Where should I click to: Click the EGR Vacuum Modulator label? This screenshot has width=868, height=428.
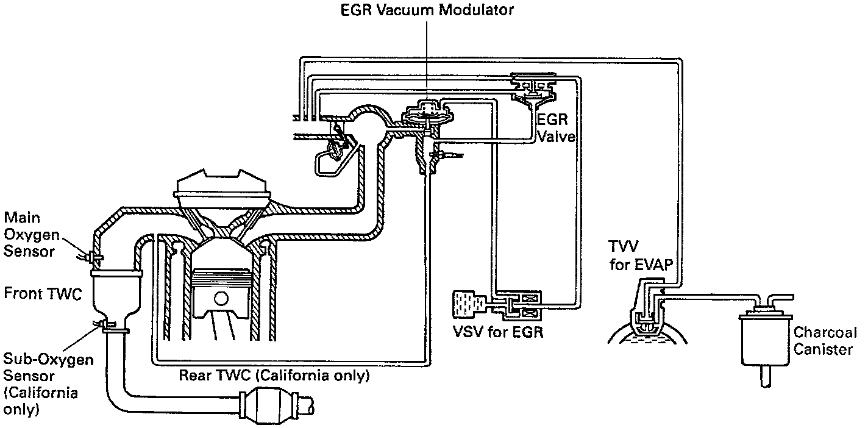coord(427,10)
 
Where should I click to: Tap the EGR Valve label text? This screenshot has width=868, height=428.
coord(555,128)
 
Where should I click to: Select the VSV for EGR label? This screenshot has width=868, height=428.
coord(498,332)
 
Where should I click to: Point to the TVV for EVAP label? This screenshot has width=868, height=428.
coord(641,255)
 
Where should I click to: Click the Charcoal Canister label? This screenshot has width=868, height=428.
coord(825,341)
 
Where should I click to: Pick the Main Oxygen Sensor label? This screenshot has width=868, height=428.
coord(32,235)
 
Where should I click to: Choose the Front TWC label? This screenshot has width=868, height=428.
coord(43,293)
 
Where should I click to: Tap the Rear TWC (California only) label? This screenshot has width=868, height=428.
coord(274,376)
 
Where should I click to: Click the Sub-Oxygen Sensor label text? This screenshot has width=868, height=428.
coord(48,368)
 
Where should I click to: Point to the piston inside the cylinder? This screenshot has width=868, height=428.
coord(221,294)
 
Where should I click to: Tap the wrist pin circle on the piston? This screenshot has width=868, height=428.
coord(221,299)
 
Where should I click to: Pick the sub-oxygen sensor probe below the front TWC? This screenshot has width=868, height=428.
coord(102,323)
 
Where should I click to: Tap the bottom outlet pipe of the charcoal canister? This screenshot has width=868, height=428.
coord(766,376)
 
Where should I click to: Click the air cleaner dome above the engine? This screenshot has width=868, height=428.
coord(221,185)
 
